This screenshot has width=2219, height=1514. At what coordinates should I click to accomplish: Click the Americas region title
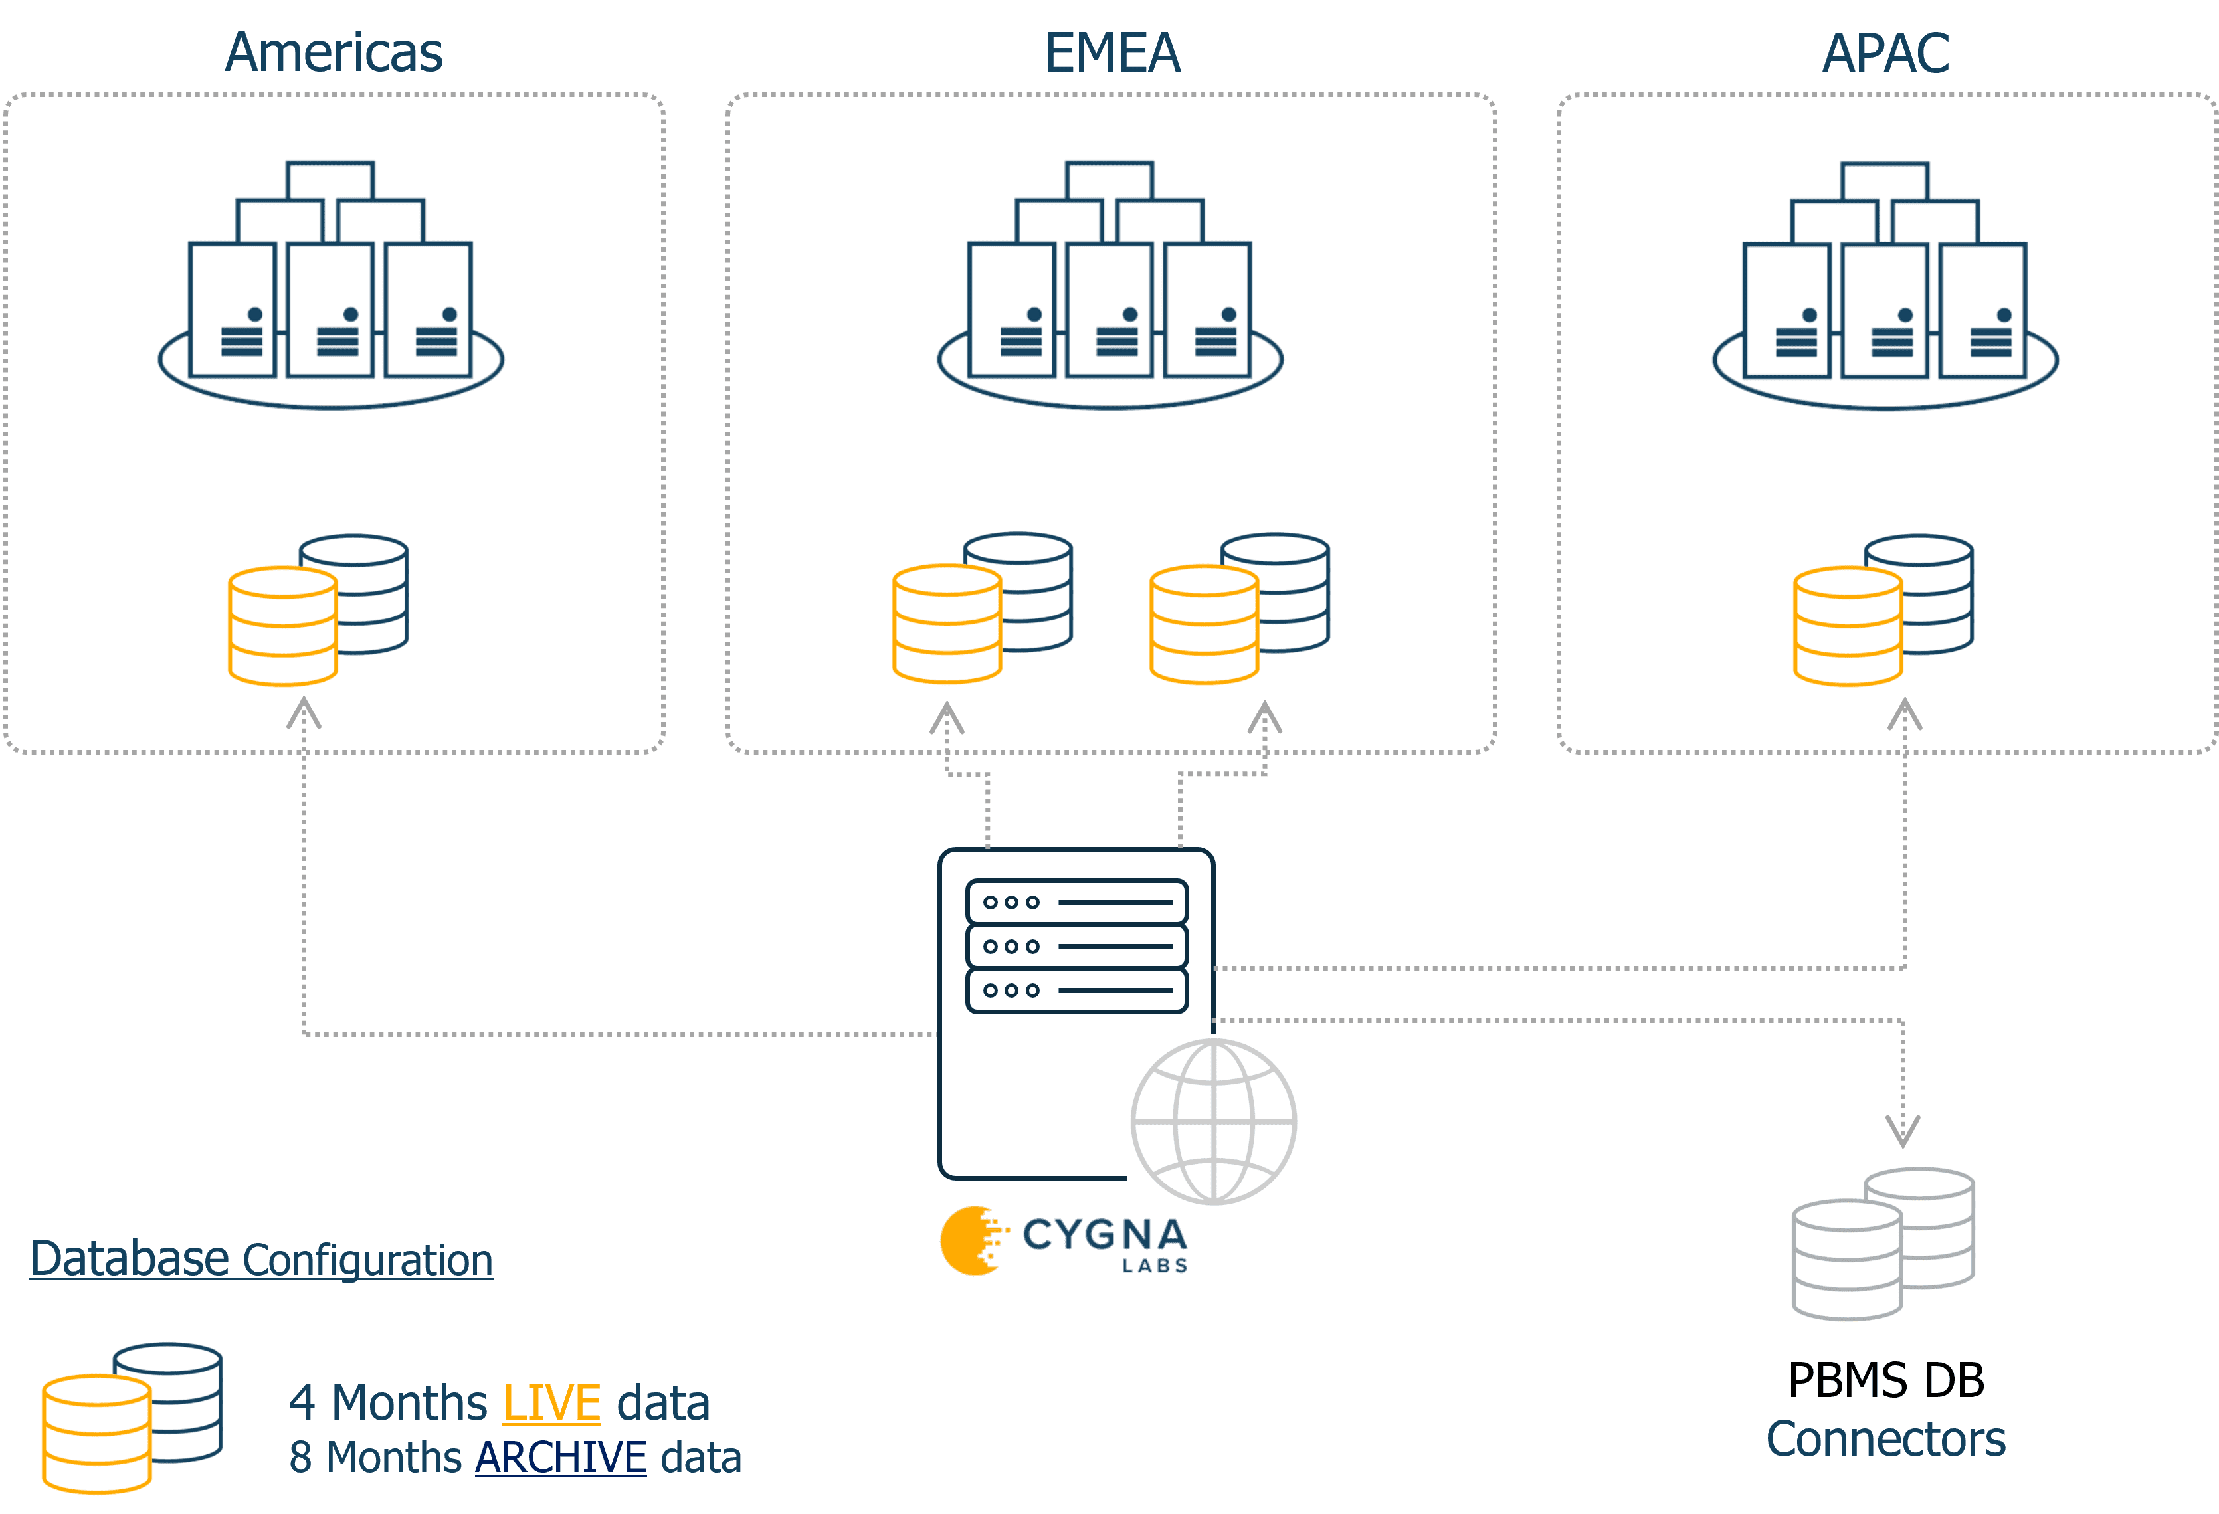[x=334, y=52]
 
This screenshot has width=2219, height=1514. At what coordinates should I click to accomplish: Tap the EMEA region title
[x=1112, y=52]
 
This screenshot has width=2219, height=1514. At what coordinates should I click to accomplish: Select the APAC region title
[x=1885, y=52]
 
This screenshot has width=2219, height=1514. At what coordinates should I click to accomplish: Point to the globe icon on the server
[x=1214, y=1121]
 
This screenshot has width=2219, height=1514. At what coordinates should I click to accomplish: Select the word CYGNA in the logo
[x=1105, y=1234]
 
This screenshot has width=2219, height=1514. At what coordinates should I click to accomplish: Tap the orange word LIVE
[x=551, y=1402]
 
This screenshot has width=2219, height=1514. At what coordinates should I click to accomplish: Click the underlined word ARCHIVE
[x=561, y=1457]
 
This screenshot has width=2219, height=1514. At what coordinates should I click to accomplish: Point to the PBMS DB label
[x=1885, y=1380]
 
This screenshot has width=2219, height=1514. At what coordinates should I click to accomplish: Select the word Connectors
[x=1885, y=1438]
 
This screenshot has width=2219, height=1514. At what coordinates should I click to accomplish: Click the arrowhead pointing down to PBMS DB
[x=1902, y=1132]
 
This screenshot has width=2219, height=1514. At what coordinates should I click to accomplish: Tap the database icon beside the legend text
[x=134, y=1415]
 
